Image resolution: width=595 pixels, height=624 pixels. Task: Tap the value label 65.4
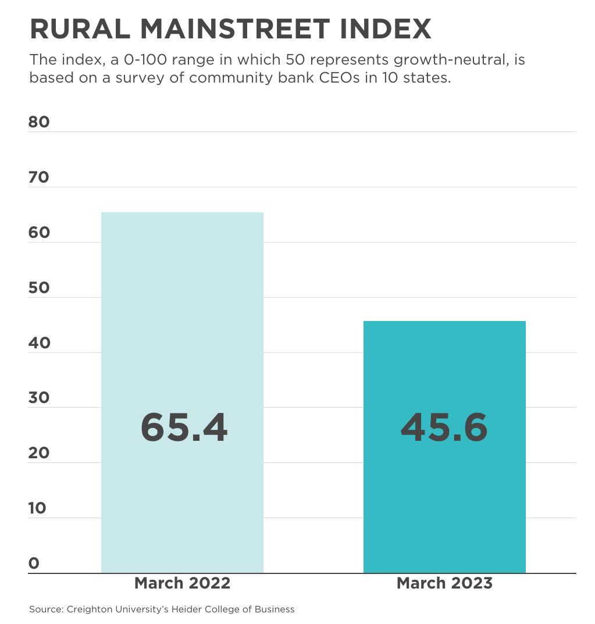point(184,428)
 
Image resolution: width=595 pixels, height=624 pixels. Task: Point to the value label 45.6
point(444,428)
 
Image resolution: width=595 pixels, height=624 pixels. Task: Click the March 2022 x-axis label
point(182,583)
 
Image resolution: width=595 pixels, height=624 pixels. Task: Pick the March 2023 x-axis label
point(444,583)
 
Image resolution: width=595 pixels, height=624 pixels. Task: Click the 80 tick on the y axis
point(39,122)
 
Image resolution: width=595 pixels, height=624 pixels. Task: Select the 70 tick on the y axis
point(39,177)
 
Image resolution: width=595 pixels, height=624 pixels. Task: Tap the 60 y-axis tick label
point(39,233)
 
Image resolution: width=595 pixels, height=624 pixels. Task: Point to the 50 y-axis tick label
point(39,288)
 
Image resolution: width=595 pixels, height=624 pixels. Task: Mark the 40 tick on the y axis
point(39,343)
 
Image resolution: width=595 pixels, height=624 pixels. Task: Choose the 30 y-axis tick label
point(39,398)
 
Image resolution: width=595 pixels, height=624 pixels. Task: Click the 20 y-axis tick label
point(39,453)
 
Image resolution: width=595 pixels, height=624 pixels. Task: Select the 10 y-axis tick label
point(38,508)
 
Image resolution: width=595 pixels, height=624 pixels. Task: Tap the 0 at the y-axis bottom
point(34,564)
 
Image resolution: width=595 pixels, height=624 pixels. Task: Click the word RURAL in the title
point(78,29)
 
